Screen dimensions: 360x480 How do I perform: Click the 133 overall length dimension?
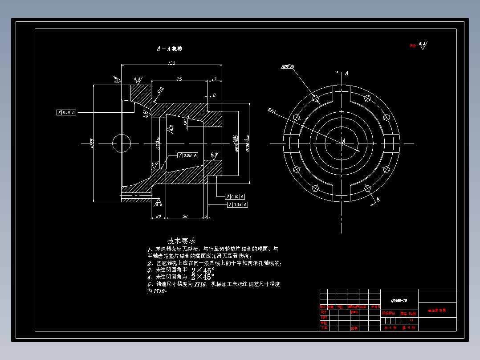[171, 63]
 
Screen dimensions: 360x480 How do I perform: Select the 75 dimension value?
[179, 79]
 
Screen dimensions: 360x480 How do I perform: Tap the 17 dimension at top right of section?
[214, 79]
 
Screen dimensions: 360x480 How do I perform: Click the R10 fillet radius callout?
[160, 90]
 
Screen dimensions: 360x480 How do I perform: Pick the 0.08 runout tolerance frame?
[187, 155]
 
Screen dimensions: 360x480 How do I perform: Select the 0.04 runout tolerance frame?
[237, 205]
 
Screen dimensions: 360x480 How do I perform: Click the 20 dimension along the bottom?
[158, 216]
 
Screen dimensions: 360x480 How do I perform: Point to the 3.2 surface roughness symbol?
[159, 204]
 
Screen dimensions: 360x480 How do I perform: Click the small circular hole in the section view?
[122, 143]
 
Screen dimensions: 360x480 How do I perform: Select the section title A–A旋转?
[169, 49]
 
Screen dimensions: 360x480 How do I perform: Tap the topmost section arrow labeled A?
[346, 72]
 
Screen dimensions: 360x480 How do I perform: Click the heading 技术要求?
[181, 241]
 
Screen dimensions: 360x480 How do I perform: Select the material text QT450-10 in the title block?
[399, 300]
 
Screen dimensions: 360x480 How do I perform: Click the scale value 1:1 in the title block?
[411, 320]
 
